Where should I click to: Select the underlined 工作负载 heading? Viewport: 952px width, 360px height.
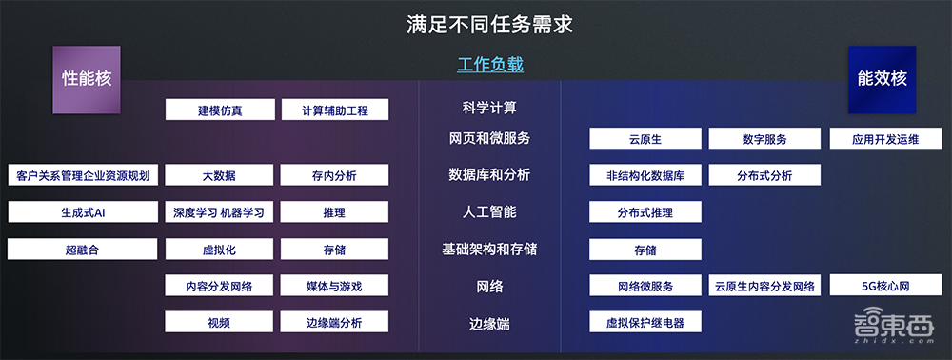(490, 65)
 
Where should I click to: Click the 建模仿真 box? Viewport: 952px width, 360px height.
(220, 110)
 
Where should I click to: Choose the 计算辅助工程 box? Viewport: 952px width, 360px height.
(334, 110)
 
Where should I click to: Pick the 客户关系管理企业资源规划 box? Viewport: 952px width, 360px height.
(83, 175)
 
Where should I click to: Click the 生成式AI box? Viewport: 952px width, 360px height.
(83, 212)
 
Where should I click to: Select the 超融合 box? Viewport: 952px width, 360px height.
(83, 250)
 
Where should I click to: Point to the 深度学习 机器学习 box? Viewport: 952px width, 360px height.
(220, 212)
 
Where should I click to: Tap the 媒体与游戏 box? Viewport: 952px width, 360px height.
(334, 286)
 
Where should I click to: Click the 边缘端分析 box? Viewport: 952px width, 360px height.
(334, 322)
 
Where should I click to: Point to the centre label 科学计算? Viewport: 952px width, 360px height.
(489, 109)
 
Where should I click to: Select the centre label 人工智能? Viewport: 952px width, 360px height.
(489, 211)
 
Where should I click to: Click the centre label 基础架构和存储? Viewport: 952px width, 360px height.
(489, 249)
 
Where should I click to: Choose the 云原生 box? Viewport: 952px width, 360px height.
(645, 139)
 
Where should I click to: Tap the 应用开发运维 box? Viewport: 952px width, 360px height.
(885, 139)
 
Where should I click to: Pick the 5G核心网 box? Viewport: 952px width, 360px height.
(885, 286)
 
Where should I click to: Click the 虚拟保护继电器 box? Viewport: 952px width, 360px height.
(645, 322)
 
